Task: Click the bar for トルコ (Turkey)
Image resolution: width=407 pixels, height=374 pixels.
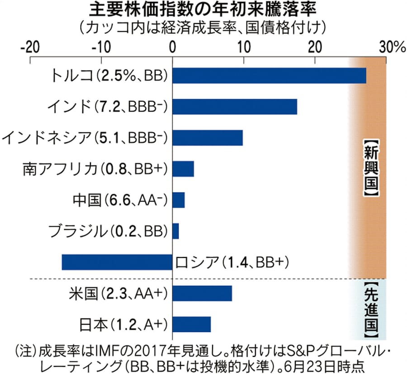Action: coord(269,76)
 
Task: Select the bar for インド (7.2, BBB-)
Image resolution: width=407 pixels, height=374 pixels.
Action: coord(235,106)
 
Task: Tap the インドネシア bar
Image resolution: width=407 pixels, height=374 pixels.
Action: coord(208,137)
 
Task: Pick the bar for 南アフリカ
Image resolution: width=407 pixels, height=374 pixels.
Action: coord(183,168)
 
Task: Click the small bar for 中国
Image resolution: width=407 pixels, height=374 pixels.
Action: coord(179,200)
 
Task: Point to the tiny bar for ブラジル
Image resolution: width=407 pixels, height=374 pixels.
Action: coord(175,231)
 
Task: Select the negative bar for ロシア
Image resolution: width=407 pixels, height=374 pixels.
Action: coord(117,262)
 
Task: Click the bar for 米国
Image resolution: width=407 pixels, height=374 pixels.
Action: coord(202,293)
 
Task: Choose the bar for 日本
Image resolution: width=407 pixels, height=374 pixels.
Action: coord(192,324)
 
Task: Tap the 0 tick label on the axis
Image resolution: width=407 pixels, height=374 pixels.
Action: coord(172,47)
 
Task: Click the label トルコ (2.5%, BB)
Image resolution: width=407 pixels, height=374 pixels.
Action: coord(109,76)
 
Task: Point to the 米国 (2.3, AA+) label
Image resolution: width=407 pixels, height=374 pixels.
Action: coord(120,293)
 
